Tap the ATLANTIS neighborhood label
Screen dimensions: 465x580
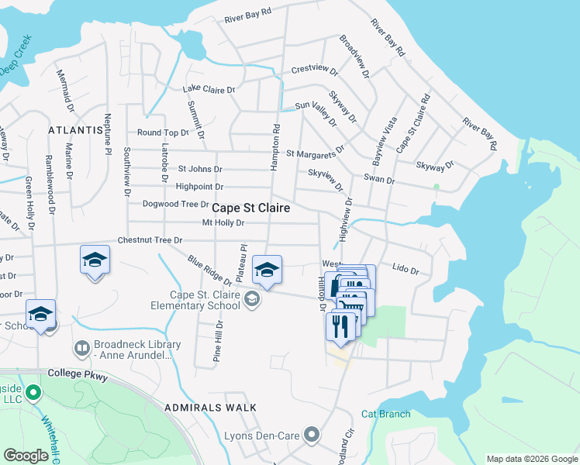coord(75,130)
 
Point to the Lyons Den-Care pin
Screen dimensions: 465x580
coord(312,434)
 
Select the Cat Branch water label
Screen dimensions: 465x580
coord(385,414)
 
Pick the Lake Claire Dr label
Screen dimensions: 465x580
coord(209,90)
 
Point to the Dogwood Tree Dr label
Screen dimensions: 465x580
coord(175,205)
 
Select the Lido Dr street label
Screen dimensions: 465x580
coord(405,271)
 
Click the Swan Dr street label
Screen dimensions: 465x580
coord(380,180)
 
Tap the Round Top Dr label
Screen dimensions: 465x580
coord(163,133)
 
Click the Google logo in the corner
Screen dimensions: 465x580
coord(26,455)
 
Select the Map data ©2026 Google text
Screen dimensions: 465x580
coord(531,459)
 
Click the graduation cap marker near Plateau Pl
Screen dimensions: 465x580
coord(268,270)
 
